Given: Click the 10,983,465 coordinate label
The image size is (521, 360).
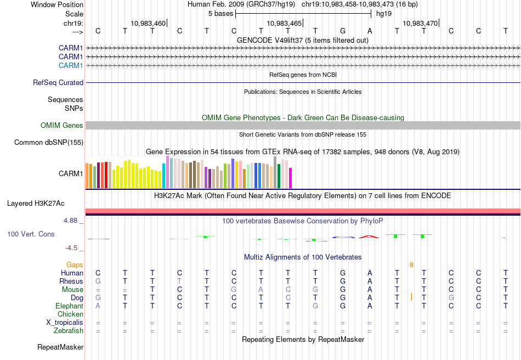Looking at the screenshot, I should [x=284, y=23].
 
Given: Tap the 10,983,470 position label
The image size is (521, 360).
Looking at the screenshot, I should [x=420, y=23].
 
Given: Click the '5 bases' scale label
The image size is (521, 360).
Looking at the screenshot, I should [x=220, y=13].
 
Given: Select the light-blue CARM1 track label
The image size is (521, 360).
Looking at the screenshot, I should [x=71, y=65].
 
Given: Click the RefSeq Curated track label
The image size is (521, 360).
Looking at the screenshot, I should [x=58, y=82].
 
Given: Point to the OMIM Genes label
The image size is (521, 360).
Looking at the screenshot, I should [x=62, y=125].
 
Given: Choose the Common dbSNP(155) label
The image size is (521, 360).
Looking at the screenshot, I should [x=49, y=142].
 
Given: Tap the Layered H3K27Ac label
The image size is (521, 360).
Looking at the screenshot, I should [x=36, y=203].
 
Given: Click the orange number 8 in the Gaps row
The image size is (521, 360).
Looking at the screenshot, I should [x=411, y=265].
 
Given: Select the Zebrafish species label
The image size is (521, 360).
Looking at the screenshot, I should [x=69, y=330].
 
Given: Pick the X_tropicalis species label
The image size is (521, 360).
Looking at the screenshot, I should [x=65, y=322].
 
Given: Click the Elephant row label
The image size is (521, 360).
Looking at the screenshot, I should [x=69, y=306].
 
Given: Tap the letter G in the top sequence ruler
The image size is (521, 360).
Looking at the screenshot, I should [x=343, y=31].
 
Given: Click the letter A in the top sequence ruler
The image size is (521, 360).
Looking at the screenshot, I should [x=370, y=31].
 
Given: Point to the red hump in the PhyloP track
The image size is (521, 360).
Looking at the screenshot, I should [x=369, y=237].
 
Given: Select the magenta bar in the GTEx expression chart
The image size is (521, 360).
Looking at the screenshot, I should [x=290, y=177].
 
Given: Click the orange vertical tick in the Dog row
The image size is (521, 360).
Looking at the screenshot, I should [x=411, y=297].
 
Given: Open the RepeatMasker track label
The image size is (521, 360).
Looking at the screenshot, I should [x=60, y=347].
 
